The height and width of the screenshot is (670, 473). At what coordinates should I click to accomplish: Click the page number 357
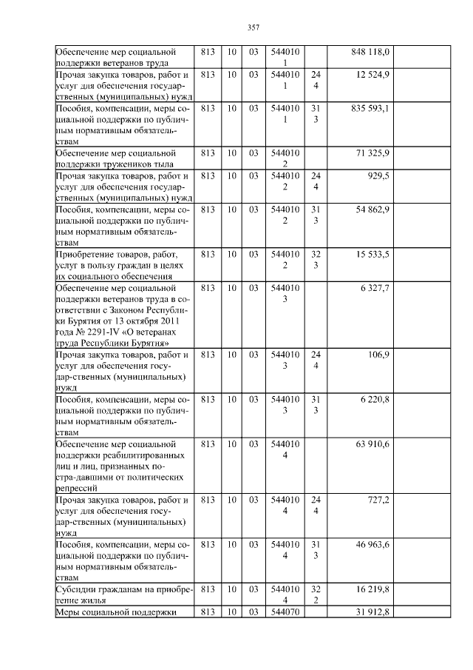pos(253,27)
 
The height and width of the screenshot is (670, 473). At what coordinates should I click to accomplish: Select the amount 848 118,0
pos(370,52)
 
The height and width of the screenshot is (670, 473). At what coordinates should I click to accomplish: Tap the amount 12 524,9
pos(373,75)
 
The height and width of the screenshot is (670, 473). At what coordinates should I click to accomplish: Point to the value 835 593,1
pos(370,108)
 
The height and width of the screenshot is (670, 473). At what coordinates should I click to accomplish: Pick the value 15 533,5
pos(372,254)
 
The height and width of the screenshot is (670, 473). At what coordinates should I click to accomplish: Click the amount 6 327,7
pos(375,287)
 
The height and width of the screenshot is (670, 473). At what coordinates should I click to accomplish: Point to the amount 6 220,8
pos(375,399)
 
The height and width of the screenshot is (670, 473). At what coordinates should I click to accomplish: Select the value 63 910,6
pos(372,443)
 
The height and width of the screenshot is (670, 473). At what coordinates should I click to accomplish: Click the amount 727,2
pos(378,500)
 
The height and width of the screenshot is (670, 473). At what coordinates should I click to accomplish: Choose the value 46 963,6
pos(372,544)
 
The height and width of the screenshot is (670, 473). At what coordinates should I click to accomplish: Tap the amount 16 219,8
pos(372,589)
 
